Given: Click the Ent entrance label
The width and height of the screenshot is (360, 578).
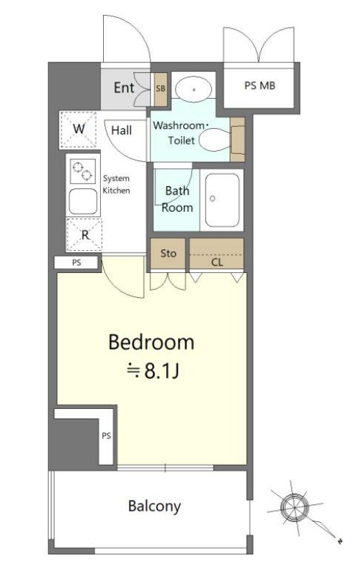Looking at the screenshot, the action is pos(124,87).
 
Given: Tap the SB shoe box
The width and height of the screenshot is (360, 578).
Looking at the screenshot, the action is pos(160,89).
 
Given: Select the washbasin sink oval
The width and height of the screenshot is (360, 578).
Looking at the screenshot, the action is pos(193,90).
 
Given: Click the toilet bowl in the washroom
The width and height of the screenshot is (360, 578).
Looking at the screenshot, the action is pos(215,140).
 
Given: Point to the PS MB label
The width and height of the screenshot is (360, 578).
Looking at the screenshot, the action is pos(260,85).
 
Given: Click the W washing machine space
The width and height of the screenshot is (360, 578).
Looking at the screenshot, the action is pos(78,129).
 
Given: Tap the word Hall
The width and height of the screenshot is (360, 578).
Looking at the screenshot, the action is pos(121,130).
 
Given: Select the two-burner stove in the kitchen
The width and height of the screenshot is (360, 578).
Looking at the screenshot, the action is pos(83,171).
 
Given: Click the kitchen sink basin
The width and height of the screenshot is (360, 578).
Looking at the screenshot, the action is pos(83,201).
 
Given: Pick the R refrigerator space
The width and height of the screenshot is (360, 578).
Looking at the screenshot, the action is pos(84,234).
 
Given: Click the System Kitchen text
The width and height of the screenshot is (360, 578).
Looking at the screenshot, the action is pos(116,184).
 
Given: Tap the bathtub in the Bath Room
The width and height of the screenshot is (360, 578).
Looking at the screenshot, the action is pos(222,200).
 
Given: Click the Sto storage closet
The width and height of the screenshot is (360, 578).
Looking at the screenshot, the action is pos(168,254).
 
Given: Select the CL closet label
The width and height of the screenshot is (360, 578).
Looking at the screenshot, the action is pos(217,262).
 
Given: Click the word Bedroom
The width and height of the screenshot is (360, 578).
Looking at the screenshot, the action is pos(152,342).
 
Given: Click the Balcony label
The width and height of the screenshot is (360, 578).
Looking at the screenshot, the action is pos(155,506).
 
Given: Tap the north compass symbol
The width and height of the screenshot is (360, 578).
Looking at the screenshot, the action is pos(295,507).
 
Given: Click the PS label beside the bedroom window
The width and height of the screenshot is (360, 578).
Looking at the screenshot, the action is pos(106,435).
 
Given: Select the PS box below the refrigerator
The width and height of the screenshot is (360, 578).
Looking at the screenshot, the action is pos(77,263).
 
